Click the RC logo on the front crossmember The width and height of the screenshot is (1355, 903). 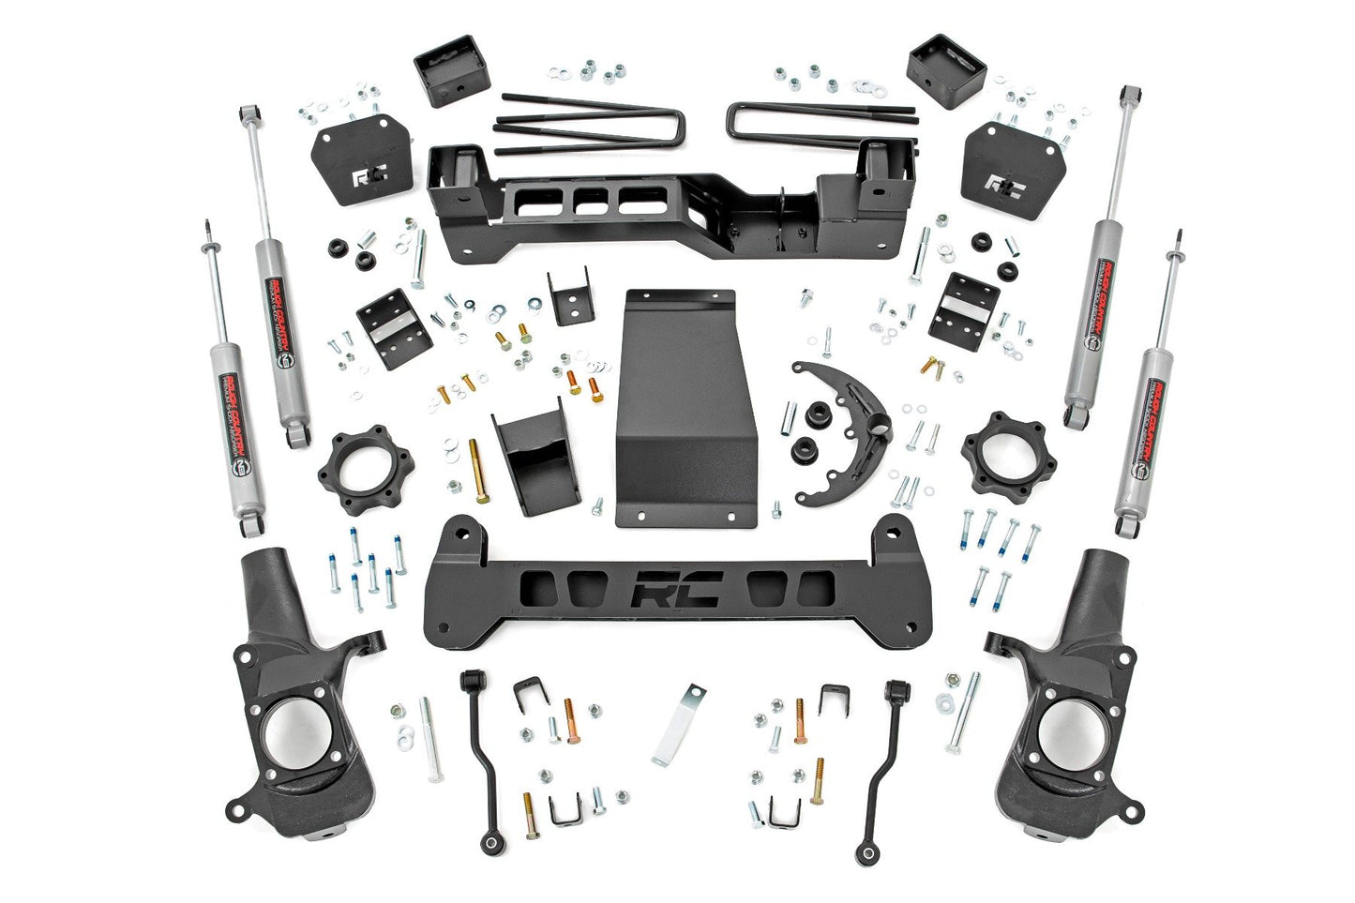(675, 591)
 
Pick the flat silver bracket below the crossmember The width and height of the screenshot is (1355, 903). (679, 723)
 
